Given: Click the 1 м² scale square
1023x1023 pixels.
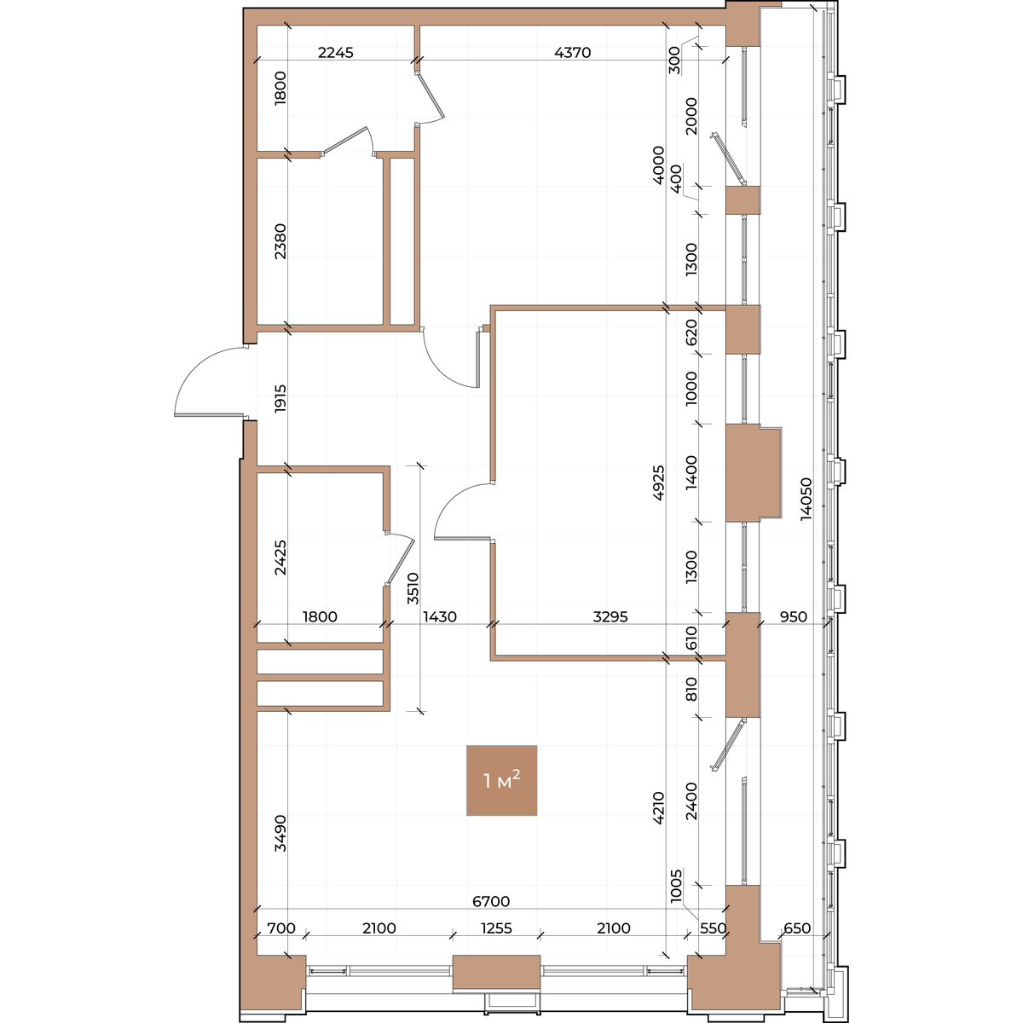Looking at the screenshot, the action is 501,780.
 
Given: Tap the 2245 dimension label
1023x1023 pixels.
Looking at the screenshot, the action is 336,53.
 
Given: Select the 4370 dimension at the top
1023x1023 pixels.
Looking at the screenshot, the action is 572,53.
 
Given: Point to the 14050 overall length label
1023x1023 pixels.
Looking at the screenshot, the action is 806,499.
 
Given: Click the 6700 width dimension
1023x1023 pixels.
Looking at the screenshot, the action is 491,901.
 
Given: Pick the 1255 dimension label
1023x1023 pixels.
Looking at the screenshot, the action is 496,928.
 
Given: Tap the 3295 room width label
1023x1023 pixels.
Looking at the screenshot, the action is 610,616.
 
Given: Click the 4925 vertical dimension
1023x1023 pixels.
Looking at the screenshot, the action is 658,483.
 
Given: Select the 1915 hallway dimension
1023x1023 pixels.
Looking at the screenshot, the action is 280,398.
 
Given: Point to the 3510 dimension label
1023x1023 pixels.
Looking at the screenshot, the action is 413,588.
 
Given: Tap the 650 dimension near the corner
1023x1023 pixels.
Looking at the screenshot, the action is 797,928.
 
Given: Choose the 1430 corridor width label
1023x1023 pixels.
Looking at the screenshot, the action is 440,616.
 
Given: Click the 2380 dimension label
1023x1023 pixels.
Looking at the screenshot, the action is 280,241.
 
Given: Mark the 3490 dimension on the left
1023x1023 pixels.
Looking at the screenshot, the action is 280,833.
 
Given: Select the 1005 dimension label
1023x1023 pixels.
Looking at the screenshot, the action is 675,886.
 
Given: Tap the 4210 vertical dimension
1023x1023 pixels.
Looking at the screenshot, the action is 658,807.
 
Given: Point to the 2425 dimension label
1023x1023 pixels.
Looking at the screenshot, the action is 280,558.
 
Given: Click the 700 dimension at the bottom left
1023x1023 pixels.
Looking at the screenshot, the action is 280,928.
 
